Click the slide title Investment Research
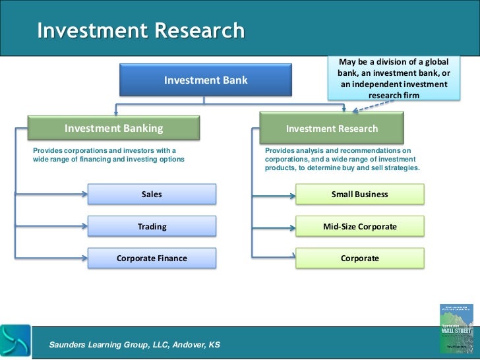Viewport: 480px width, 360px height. [140, 31]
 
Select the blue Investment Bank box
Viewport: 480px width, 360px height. [206, 80]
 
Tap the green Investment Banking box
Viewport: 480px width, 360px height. [113, 129]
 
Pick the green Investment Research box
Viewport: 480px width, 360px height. [332, 129]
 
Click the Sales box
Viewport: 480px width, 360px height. [152, 195]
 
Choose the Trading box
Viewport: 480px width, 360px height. [152, 227]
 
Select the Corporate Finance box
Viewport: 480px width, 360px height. [152, 258]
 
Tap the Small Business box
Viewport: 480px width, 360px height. [359, 195]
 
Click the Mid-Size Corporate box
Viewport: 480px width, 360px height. [359, 227]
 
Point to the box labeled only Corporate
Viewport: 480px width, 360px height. [359, 258]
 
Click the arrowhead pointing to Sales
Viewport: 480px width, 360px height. [84, 195]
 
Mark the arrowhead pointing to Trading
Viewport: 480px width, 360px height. [84, 227]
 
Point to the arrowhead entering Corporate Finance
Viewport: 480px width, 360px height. [84, 258]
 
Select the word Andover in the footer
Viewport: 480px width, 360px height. [179, 345]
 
